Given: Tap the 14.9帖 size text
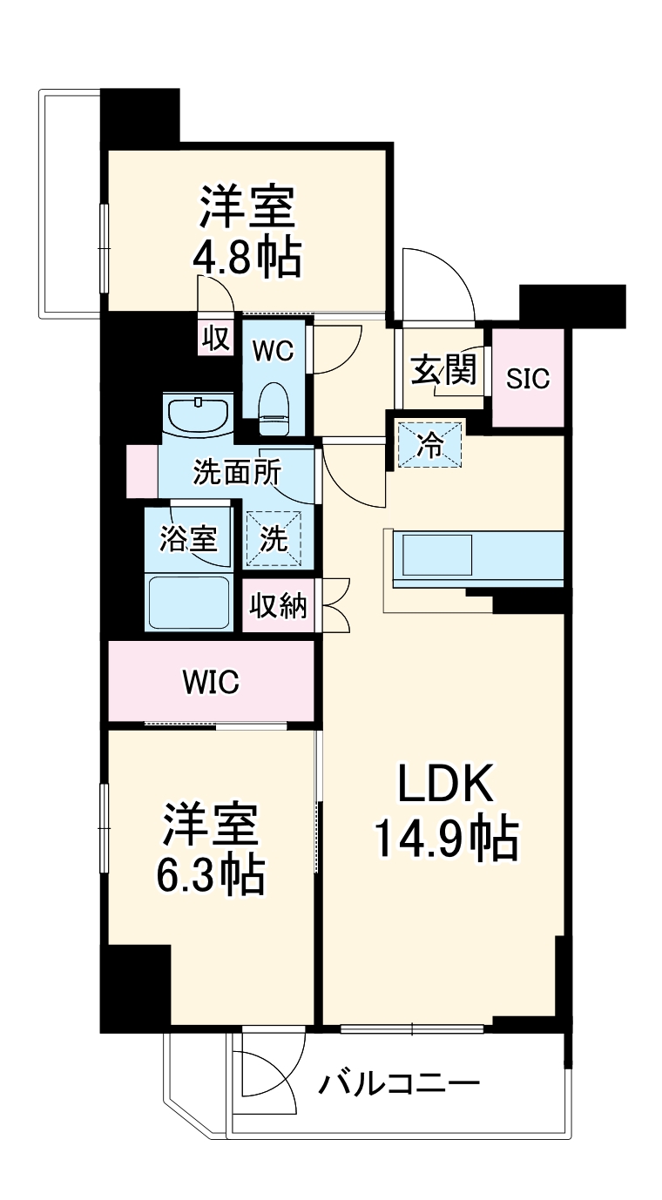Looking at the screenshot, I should coord(446,839).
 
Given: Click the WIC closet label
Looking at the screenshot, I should coord(211,683).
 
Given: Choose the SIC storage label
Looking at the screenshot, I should coord(529,379).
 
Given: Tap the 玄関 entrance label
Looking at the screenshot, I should coord(444,371).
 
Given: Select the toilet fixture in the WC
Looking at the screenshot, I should coord(274,408).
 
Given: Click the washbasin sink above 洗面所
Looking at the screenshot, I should coord(199,415).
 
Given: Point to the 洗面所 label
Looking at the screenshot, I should coord(237,473).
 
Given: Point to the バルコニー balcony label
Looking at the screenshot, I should coord(399,1084).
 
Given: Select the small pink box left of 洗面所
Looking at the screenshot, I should coord(141,471).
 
